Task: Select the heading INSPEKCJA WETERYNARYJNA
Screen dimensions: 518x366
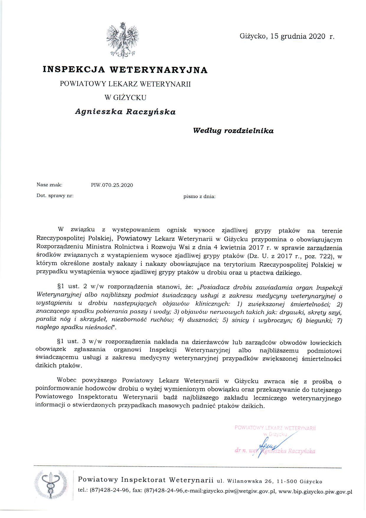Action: pyautogui.click(x=125, y=70)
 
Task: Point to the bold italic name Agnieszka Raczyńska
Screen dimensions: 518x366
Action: pyautogui.click(x=125, y=112)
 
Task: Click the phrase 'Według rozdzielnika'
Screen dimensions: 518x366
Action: pyautogui.click(x=233, y=131)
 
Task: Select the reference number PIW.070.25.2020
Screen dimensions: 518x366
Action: pyautogui.click(x=112, y=185)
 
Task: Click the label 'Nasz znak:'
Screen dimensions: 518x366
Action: pyautogui.click(x=49, y=185)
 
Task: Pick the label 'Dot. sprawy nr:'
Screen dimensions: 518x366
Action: pyautogui.click(x=55, y=196)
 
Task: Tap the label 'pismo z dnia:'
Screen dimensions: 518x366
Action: pyautogui.click(x=199, y=196)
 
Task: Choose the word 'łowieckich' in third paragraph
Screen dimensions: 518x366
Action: pyautogui.click(x=326, y=343)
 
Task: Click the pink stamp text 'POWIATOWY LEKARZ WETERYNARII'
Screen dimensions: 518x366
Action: pyautogui.click(x=275, y=428)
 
